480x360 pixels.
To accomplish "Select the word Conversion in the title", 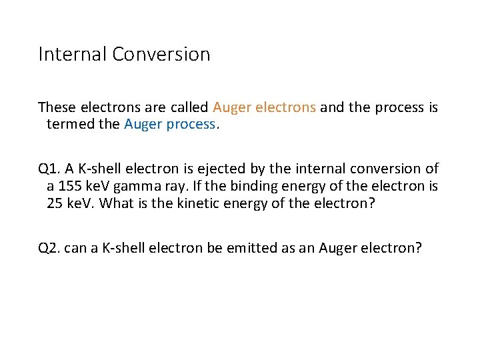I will [161, 54].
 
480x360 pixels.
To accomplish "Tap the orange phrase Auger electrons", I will [264, 107].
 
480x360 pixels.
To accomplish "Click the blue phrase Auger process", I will [170, 124].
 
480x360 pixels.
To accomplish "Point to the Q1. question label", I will [49, 169].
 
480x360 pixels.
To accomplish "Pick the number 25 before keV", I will [55, 203].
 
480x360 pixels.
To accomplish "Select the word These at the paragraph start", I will [57, 107].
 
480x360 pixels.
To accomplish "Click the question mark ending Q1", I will [372, 203].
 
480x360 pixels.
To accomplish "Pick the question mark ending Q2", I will [418, 248].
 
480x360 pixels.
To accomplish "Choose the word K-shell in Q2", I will [115, 248].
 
